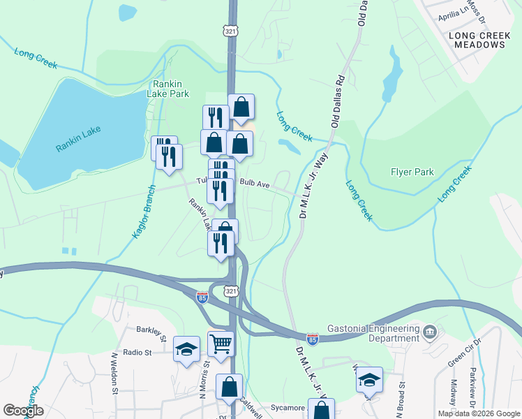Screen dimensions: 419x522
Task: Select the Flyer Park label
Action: pyautogui.click(x=413, y=172)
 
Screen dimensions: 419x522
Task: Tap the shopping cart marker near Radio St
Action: pyautogui.click(x=221, y=343)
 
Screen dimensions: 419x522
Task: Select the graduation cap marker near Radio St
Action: pyautogui.click(x=186, y=348)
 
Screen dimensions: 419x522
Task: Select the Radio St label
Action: pyautogui.click(x=137, y=353)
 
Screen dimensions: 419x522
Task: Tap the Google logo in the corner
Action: pyautogui.click(x=23, y=411)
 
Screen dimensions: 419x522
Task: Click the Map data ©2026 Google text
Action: pyautogui.click(x=479, y=413)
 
